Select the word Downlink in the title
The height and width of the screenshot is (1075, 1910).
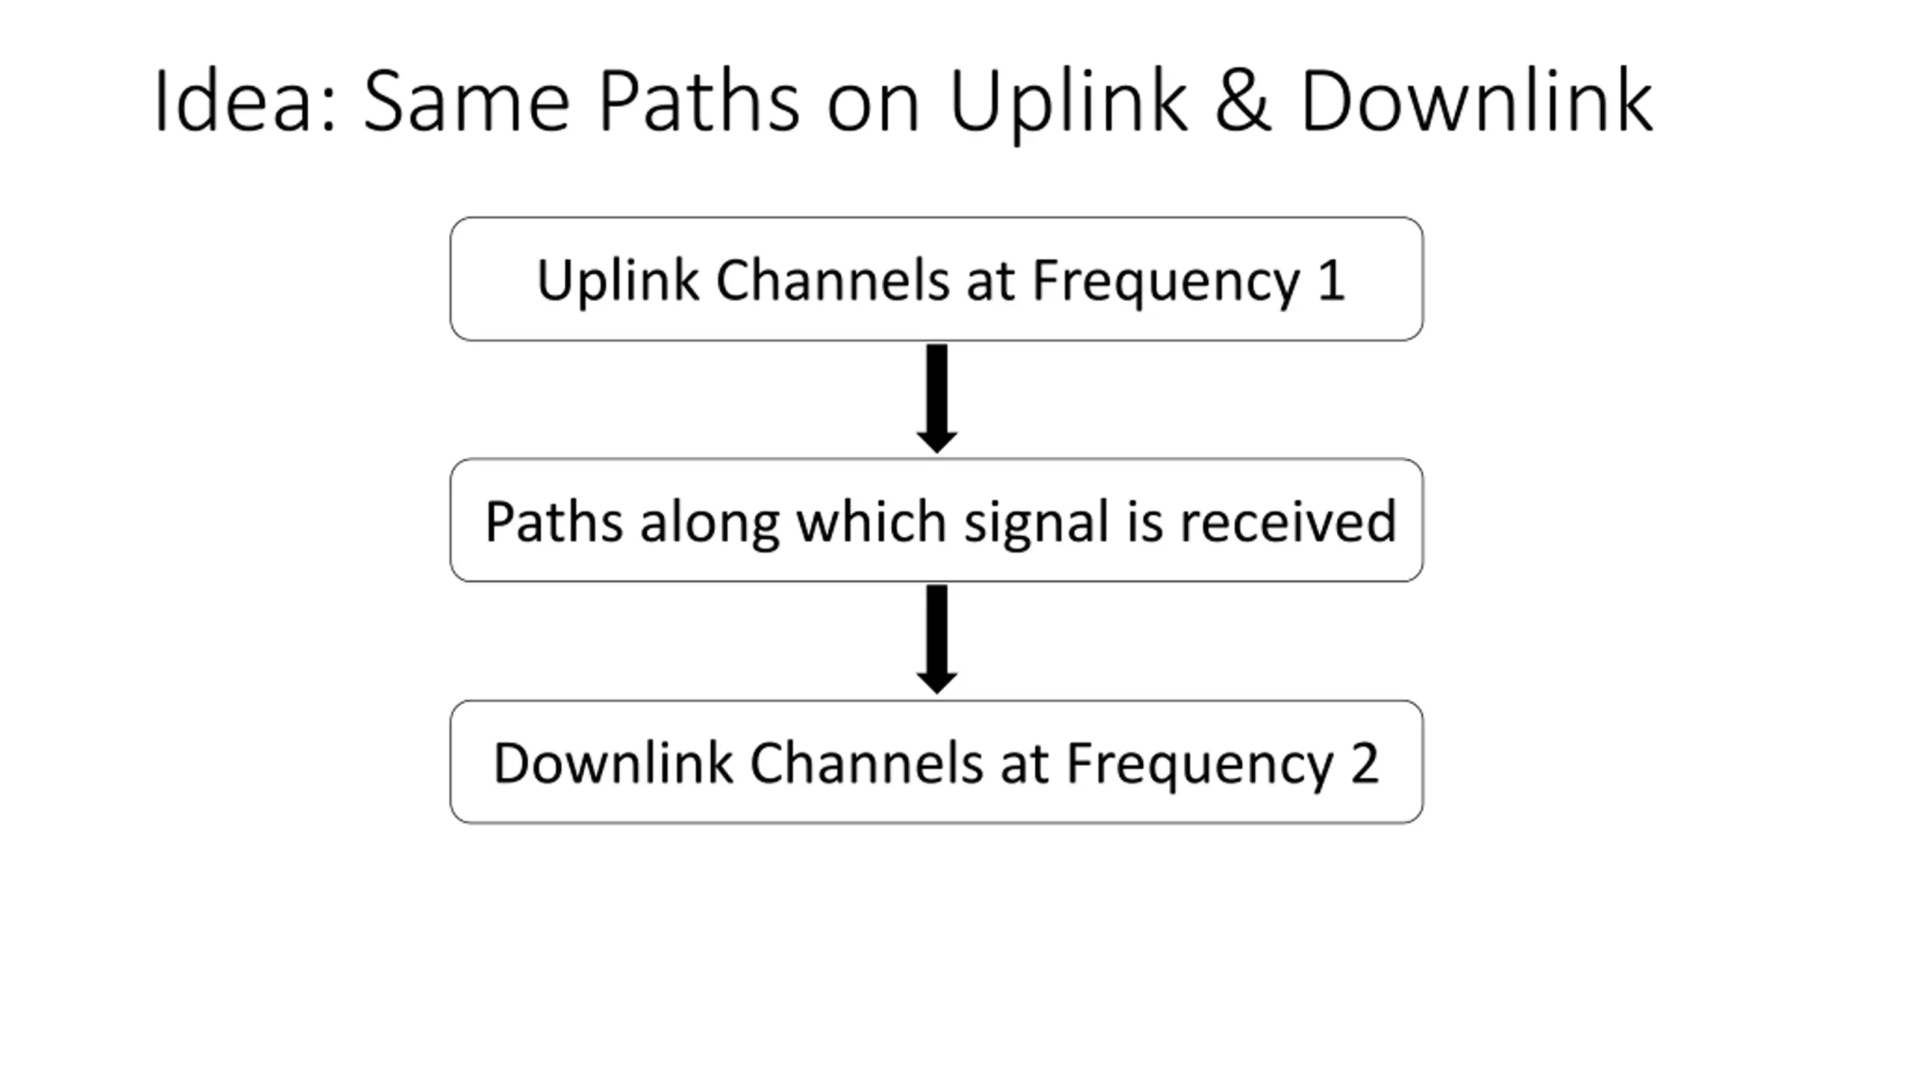tap(1477, 101)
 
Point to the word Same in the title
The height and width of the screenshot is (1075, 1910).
tap(467, 101)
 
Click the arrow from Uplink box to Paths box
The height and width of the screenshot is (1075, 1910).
tap(937, 399)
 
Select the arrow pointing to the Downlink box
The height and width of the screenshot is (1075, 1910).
tap(937, 640)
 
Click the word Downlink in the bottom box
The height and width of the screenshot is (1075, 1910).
tap(613, 762)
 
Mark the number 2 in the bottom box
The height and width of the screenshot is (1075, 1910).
tap(1365, 763)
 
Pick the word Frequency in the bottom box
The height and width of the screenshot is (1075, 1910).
tap(1199, 766)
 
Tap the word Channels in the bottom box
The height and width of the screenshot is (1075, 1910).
tap(866, 762)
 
